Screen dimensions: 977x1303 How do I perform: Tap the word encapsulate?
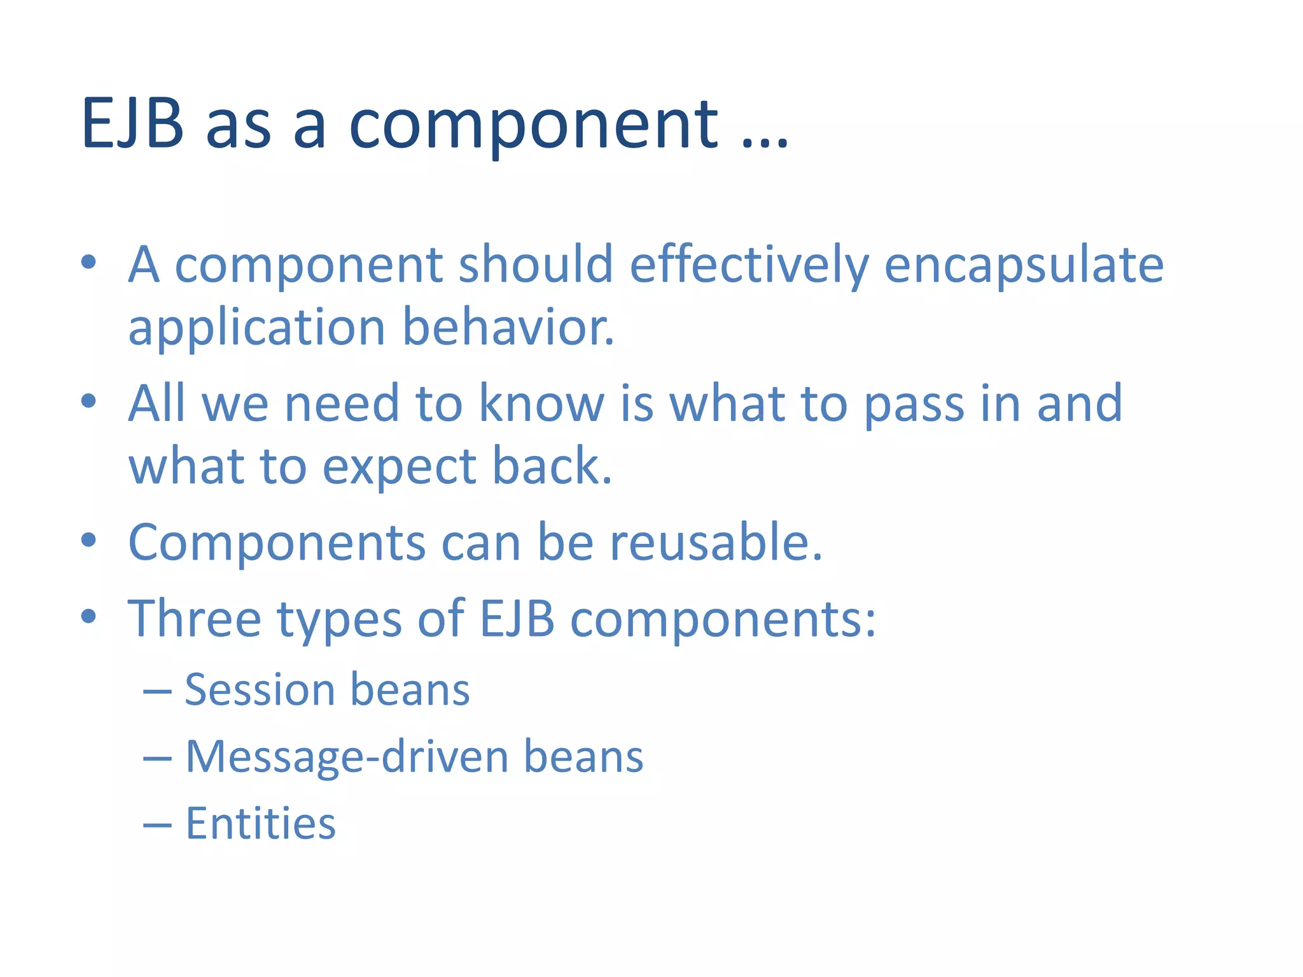tap(1024, 266)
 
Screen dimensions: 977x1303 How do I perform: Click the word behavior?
tap(508, 328)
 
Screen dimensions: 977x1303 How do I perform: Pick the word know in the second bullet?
tap(541, 403)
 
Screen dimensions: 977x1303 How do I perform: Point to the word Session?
tap(259, 690)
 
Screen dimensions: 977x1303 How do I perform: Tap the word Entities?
tap(260, 824)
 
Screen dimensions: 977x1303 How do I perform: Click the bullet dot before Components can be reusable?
tap(88, 541)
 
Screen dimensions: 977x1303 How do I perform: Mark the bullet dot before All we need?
tap(88, 401)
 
